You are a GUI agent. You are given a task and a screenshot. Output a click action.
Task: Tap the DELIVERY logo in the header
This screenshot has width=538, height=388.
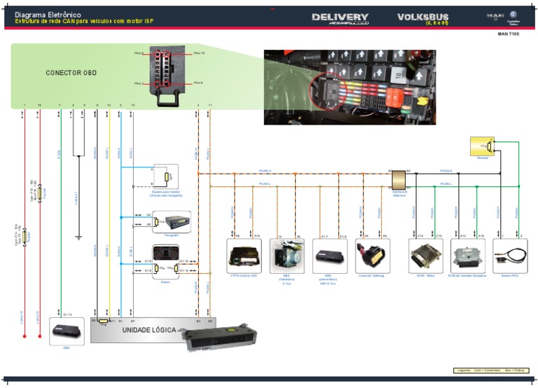pyautogui.click(x=340, y=18)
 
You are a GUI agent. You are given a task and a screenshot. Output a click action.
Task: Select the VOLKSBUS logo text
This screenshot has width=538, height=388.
pyautogui.click(x=423, y=18)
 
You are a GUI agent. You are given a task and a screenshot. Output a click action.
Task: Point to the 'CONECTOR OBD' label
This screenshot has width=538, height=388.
pyautogui.click(x=71, y=73)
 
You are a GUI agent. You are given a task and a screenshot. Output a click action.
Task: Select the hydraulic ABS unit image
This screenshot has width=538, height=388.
pyautogui.click(x=286, y=256)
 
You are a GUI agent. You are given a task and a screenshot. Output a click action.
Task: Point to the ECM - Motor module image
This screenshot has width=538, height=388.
pyautogui.click(x=425, y=256)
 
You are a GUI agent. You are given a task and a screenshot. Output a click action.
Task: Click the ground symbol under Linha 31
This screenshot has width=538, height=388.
pyautogui.click(x=79, y=237)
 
